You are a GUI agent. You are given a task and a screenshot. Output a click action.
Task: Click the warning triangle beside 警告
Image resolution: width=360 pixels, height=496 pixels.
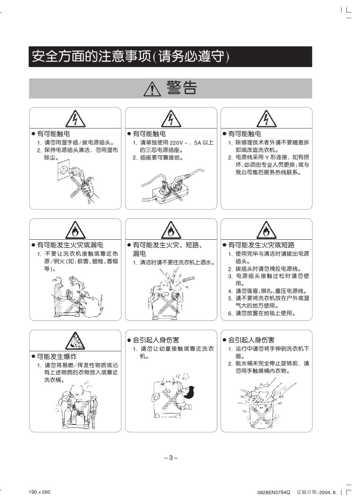[x=152, y=89]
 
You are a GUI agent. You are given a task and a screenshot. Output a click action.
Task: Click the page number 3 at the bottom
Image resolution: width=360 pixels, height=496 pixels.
[x=171, y=458]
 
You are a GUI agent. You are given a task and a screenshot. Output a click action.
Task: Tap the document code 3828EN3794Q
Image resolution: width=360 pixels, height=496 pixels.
[x=274, y=492]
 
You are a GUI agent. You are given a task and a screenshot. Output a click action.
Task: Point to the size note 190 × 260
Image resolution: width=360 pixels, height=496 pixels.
[x=39, y=492]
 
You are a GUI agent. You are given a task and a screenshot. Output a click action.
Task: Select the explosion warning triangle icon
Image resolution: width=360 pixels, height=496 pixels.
[x=75, y=341]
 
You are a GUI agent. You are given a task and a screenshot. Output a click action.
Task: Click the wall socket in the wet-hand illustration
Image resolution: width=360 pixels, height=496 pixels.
[x=64, y=170]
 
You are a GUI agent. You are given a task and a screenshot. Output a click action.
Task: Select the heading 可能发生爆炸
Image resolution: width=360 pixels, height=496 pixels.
[x=56, y=357]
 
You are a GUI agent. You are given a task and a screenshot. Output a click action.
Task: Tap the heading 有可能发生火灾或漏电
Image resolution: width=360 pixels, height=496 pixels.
[x=70, y=245]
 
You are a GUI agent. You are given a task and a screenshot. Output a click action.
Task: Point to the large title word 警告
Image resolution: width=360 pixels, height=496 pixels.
[x=182, y=88]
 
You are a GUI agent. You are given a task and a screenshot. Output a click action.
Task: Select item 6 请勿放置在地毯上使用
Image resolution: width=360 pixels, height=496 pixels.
[x=262, y=313]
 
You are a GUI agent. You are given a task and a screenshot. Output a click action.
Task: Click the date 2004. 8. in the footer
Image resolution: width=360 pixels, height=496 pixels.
[x=328, y=492]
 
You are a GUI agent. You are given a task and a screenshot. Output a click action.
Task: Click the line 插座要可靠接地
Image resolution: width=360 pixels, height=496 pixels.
[x=158, y=158]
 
